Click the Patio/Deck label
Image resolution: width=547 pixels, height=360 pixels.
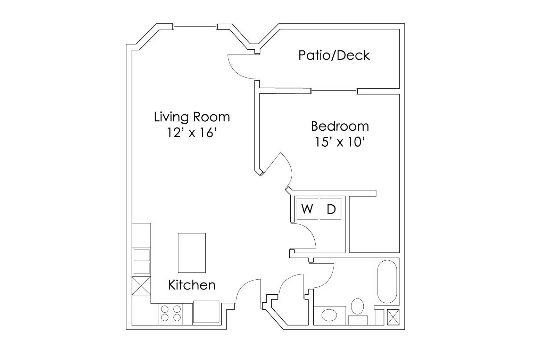coord(334,55)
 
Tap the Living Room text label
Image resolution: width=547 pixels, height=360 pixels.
coord(192,117)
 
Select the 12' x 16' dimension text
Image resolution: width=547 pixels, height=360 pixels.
coord(192,133)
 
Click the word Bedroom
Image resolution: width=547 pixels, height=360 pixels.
coord(340,126)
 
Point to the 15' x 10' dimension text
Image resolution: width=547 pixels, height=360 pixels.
coord(340,142)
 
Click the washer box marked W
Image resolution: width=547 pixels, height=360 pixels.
coord(307,209)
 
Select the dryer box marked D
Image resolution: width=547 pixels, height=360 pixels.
coord(331,209)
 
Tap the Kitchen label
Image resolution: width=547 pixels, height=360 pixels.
coord(192,285)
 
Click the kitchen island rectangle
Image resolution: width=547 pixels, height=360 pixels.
coord(192,253)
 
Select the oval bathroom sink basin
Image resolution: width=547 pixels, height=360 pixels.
coord(329,316)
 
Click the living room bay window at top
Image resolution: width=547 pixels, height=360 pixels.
coord(195,26)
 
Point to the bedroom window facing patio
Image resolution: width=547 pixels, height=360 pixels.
coord(334,91)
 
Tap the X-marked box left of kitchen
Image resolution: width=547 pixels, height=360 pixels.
coord(141,286)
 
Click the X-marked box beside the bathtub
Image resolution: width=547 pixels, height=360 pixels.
coord(393,317)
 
